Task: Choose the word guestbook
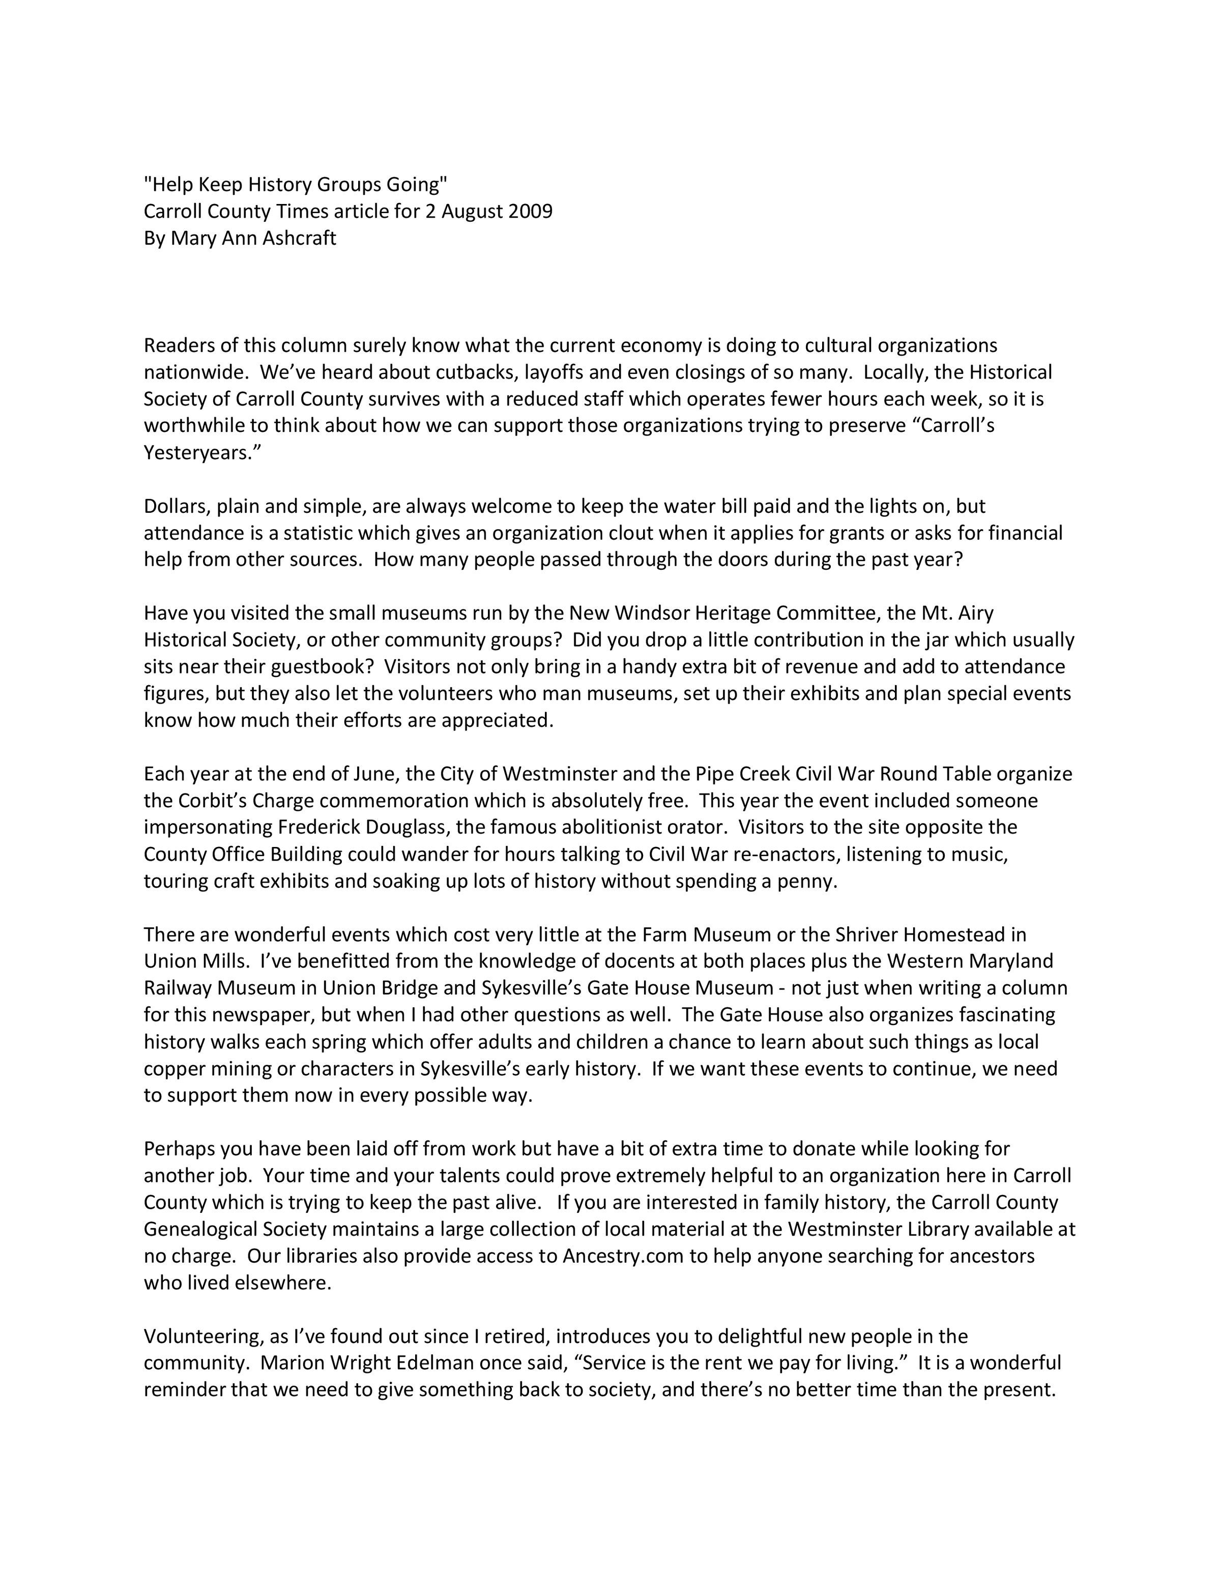pos(327,667)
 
